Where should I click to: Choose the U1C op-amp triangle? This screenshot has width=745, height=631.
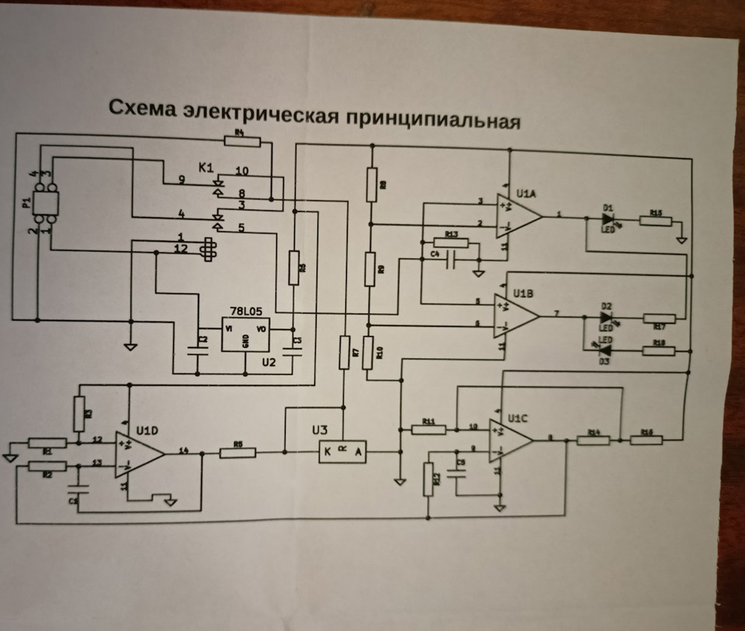click(510, 439)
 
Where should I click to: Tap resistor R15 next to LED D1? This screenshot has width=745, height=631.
click(656, 220)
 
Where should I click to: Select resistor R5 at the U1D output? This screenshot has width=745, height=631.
click(238, 452)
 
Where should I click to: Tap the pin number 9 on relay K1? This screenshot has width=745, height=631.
click(182, 180)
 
